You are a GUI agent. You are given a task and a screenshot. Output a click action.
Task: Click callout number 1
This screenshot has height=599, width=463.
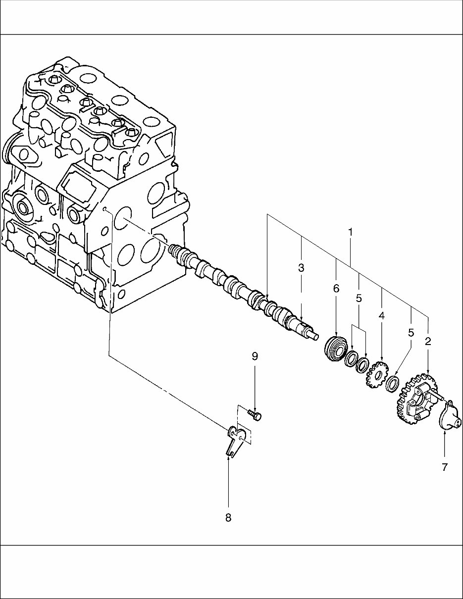[351, 232]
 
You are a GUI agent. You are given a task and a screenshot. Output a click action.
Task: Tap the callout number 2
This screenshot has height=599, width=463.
[428, 341]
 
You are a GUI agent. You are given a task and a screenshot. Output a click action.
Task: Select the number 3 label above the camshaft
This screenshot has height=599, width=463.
[301, 268]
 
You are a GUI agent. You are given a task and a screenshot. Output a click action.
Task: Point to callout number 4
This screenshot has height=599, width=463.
[382, 315]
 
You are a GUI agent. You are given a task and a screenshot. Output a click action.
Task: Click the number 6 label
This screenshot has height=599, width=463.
[336, 289]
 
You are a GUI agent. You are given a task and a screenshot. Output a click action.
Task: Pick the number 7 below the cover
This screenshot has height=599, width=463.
[444, 467]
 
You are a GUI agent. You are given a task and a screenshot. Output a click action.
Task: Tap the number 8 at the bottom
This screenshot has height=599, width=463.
[228, 518]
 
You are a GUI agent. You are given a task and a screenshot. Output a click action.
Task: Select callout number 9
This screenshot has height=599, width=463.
[255, 356]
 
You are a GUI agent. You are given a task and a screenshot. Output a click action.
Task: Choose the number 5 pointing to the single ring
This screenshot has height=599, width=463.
[411, 332]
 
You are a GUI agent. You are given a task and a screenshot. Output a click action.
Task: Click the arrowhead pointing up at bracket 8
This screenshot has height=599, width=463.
[228, 458]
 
